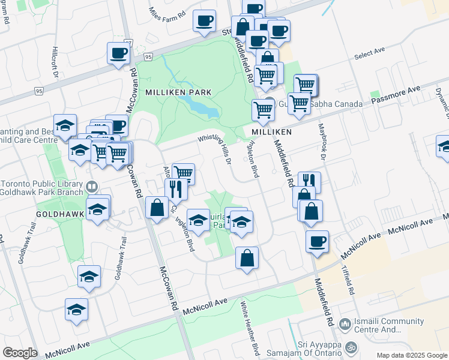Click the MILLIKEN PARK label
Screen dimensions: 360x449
178,92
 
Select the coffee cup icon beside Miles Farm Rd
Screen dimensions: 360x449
204,20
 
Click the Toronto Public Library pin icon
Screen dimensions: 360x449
92,187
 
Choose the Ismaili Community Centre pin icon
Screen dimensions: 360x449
345,325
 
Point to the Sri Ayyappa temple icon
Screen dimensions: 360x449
352,347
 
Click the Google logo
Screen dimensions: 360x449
20,352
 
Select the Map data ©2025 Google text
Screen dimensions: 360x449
412,355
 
